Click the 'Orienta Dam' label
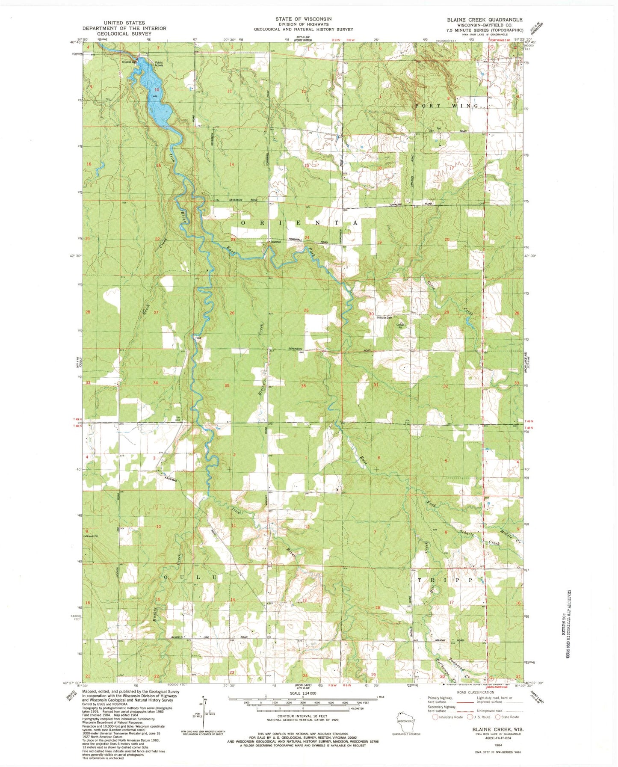click(129, 62)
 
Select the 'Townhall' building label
click(275, 242)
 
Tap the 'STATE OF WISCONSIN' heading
click(303, 19)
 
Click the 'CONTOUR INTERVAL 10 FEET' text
click(303, 728)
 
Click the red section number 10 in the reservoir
click(157, 89)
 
